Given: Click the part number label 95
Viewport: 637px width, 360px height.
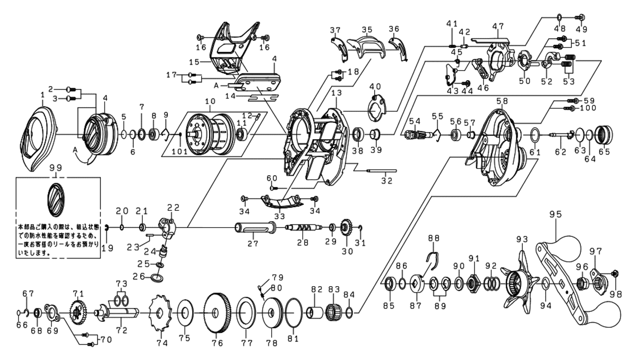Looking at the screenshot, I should (x=555, y=215).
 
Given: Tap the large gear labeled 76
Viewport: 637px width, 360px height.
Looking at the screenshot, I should (x=216, y=313).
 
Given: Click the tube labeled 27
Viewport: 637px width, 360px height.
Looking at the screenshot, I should (x=254, y=229).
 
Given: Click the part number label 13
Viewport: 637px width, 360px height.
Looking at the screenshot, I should (x=337, y=93).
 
